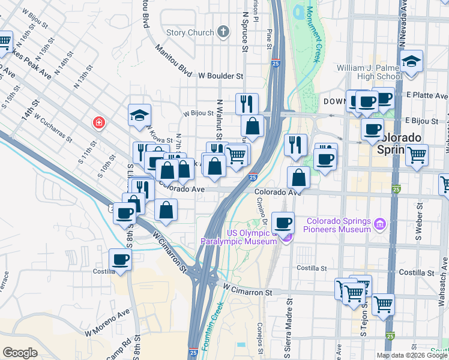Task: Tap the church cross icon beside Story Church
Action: (223, 32)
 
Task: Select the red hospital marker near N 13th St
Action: (98, 123)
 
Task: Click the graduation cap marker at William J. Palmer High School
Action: (411, 62)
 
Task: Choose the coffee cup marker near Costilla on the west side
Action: (121, 260)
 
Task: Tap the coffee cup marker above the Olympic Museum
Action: (283, 223)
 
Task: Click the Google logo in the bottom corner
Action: (20, 352)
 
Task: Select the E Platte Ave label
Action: (427, 95)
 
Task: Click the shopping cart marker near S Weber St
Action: (417, 155)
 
